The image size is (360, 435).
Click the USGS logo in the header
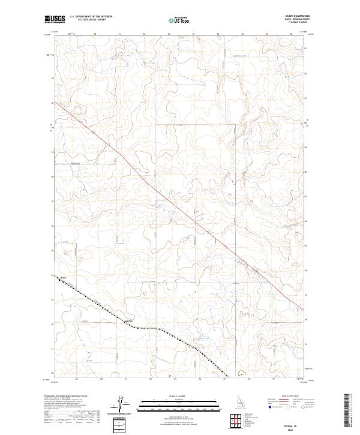coord(55,19)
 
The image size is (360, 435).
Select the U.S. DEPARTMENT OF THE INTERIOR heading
coord(91,16)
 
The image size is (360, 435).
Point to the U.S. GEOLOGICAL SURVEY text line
coord(91,20)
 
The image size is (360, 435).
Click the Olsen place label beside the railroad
coord(62,277)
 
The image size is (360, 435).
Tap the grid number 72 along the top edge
coord(144,35)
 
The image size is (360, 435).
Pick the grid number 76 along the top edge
coord(242,35)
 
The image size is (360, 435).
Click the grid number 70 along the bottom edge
coord(101,379)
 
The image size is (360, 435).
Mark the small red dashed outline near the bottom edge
coord(242,373)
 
